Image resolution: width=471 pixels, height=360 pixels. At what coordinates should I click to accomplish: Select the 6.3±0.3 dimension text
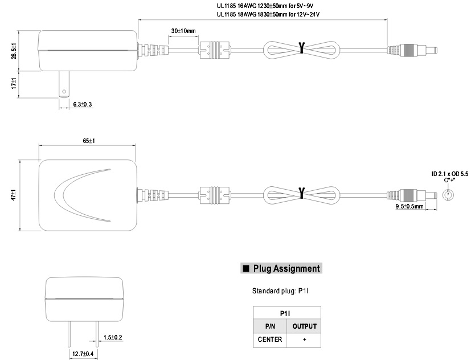click(83, 104)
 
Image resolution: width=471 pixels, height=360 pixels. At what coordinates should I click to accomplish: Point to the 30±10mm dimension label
click(183, 30)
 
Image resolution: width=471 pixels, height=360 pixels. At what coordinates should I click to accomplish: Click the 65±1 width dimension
click(88, 140)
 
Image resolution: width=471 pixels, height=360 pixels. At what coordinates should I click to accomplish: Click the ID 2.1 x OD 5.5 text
click(449, 173)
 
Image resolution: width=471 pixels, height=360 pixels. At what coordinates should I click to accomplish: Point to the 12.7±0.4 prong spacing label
click(83, 354)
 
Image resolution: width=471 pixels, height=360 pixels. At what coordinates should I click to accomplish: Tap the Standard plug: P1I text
click(284, 291)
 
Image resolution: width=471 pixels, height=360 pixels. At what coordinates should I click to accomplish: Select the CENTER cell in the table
click(270, 339)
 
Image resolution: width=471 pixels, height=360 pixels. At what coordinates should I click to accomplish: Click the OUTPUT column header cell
click(304, 326)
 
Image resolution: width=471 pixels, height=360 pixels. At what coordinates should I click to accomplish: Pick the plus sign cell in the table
click(304, 339)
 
